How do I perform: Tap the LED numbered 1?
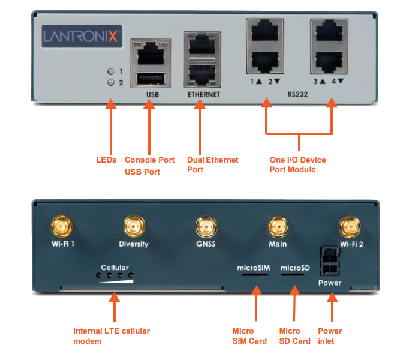point(110,71)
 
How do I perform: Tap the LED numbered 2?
point(110,83)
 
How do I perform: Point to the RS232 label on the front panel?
point(298,95)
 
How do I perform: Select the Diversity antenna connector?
point(133,226)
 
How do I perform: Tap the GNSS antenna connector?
point(205,226)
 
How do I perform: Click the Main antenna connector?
point(277,226)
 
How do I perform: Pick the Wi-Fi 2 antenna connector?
point(350,226)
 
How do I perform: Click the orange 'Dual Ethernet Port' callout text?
point(212,164)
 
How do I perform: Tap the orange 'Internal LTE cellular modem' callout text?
point(112,336)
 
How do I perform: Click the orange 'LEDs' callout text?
point(106,160)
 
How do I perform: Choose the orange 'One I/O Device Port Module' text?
point(297,164)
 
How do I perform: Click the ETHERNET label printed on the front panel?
point(200,95)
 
